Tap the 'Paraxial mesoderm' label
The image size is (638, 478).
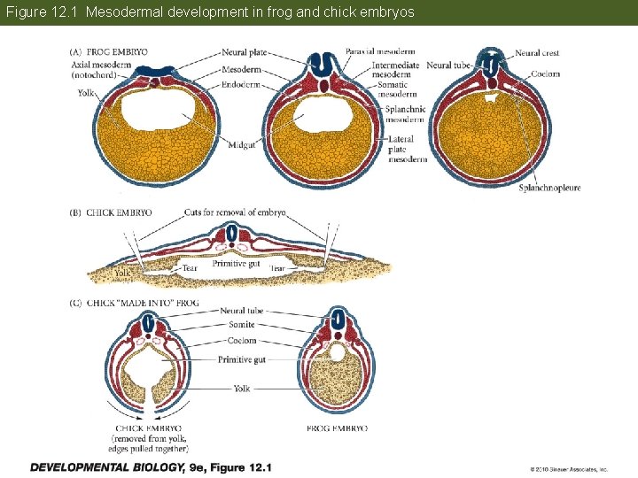click(381, 53)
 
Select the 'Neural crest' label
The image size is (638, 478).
click(537, 53)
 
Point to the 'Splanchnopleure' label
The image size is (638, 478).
click(549, 188)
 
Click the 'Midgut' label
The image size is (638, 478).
click(242, 144)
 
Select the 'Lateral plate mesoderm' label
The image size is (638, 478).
click(407, 150)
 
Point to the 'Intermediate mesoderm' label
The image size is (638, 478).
click(396, 70)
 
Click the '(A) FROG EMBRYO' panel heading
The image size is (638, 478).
click(109, 52)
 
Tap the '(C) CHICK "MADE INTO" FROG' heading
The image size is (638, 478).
click(134, 303)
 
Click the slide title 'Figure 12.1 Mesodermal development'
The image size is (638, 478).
click(210, 13)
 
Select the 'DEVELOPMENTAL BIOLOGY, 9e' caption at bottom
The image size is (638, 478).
click(151, 466)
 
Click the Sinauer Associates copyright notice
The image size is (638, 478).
click(569, 469)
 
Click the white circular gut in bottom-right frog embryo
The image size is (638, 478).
click(337, 352)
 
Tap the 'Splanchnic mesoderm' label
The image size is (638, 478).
click(405, 114)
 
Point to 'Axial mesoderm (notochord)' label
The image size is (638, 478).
click(98, 70)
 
